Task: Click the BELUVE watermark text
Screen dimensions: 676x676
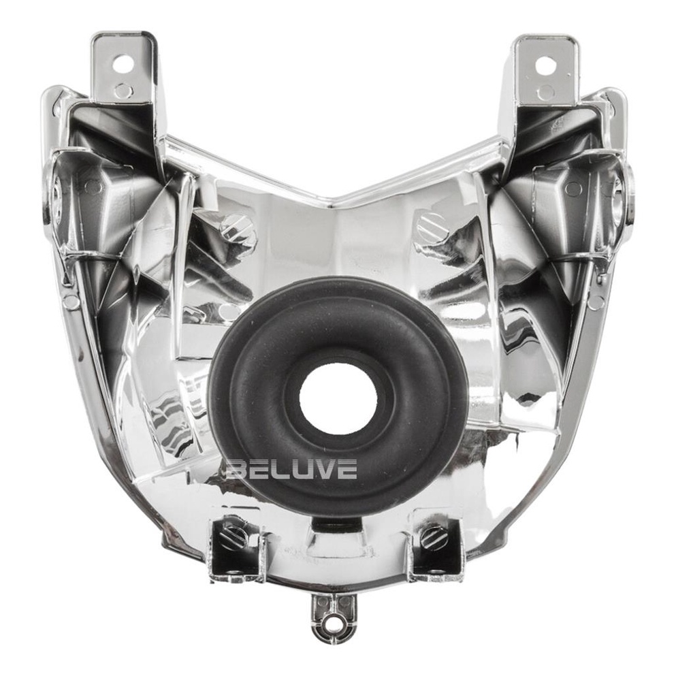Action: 292,469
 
